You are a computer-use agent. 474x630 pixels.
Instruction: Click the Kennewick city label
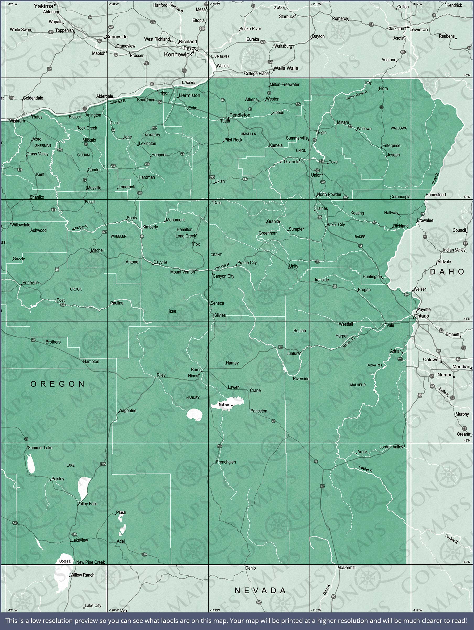(x=178, y=54)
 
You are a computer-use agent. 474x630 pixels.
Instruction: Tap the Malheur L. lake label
(x=226, y=405)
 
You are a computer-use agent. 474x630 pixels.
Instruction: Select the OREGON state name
(x=57, y=384)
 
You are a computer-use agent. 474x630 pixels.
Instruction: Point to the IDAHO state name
(x=444, y=272)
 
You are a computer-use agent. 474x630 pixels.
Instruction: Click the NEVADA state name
(x=260, y=590)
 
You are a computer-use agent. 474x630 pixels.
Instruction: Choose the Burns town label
(x=196, y=370)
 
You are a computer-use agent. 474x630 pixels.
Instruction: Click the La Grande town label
(x=288, y=161)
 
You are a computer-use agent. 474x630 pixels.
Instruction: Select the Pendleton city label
(x=240, y=115)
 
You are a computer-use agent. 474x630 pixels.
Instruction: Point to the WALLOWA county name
(x=398, y=128)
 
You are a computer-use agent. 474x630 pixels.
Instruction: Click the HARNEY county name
(x=193, y=398)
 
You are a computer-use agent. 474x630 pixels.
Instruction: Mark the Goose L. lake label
(x=65, y=561)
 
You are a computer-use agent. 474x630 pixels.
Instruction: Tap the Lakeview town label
(x=80, y=540)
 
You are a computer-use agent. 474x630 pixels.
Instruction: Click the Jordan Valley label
(x=391, y=447)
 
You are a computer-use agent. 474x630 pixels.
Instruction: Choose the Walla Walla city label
(x=286, y=68)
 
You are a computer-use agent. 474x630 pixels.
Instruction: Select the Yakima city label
(x=43, y=6)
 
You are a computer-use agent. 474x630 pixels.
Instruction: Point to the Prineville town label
(x=30, y=282)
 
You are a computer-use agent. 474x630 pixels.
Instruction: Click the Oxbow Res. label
(x=374, y=365)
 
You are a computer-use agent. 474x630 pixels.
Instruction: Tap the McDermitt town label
(x=346, y=568)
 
